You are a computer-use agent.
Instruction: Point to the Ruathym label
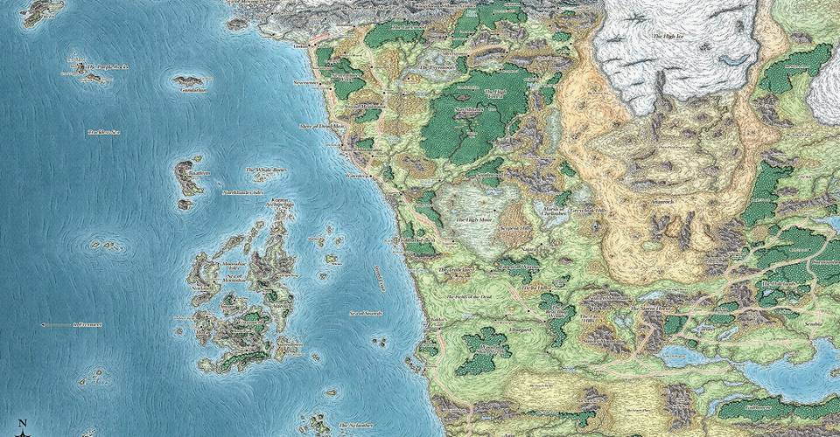pos(199,175)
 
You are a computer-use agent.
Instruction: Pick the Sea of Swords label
pos(367,312)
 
